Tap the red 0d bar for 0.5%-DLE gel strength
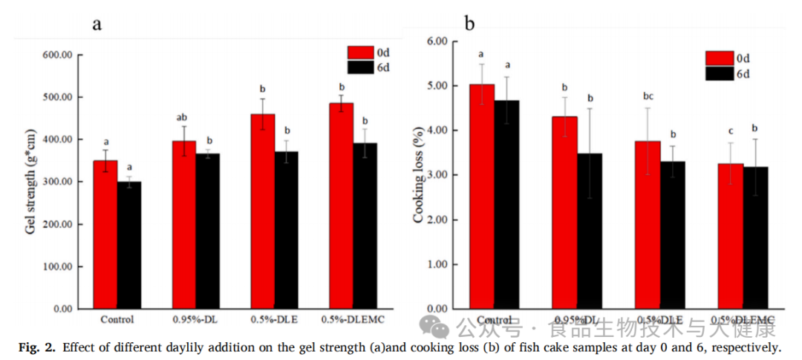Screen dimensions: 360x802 point(262,212)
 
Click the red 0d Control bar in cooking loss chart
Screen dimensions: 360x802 point(482,196)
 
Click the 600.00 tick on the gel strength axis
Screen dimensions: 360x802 point(57,55)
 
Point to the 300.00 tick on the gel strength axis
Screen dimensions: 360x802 point(57,182)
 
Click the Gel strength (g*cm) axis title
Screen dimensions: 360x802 point(30,181)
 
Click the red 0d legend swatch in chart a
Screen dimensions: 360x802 point(359,53)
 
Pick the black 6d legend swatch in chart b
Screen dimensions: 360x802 point(719,73)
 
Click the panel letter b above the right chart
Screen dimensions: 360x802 point(469,24)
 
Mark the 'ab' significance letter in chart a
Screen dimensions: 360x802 point(183,117)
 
